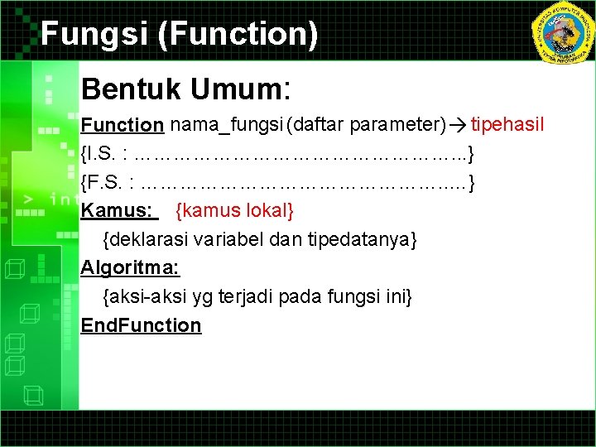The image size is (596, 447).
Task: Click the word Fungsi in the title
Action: pos(86,35)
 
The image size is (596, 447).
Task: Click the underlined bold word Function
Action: pos(122,126)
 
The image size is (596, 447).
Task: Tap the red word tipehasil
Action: pos(507,126)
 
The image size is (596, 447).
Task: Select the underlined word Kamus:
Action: pos(117,210)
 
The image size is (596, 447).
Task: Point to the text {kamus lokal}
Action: pos(235,210)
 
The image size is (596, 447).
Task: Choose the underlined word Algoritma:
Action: pos(130,267)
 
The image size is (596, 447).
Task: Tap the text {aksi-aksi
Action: pos(137,296)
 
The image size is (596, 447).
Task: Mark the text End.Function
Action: pos(141,324)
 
